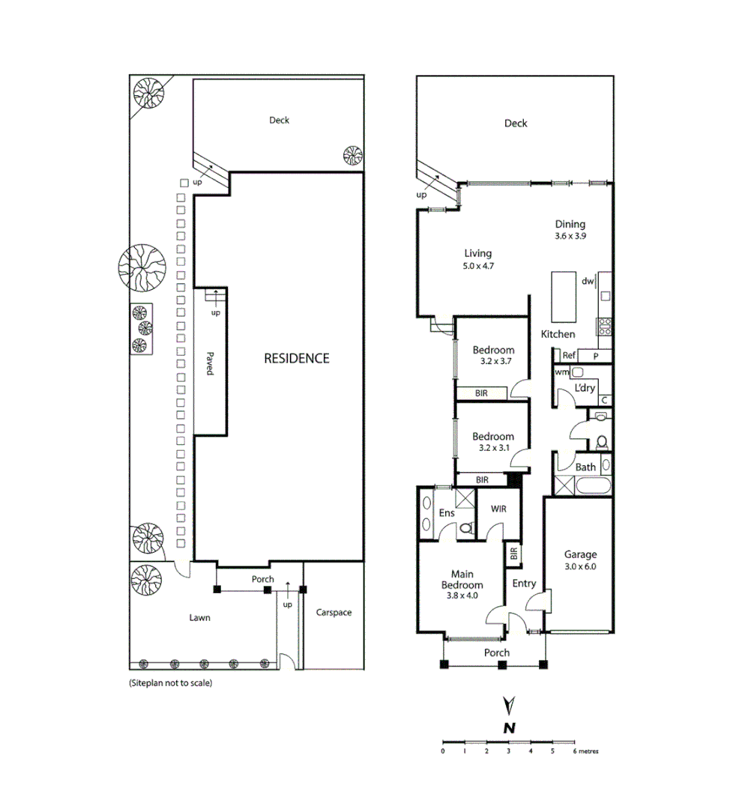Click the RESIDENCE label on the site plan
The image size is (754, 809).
click(296, 358)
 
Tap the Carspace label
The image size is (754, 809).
click(334, 612)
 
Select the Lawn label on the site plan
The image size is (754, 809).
click(199, 618)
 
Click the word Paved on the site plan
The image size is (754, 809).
click(211, 365)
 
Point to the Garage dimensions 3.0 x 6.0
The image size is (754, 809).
click(580, 566)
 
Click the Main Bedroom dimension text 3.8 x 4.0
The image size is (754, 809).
click(462, 596)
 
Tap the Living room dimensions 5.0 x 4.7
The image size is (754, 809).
click(477, 266)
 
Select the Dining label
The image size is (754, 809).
click(570, 224)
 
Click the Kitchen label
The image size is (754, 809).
click(558, 334)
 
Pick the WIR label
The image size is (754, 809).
click(498, 509)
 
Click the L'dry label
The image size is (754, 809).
click(585, 388)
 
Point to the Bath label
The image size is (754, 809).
click(585, 467)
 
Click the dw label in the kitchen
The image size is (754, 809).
click(588, 282)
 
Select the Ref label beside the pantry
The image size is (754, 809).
click(569, 356)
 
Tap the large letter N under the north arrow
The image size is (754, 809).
click(509, 727)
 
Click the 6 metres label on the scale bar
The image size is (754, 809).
click(585, 751)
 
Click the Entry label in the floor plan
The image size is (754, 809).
click(524, 583)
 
